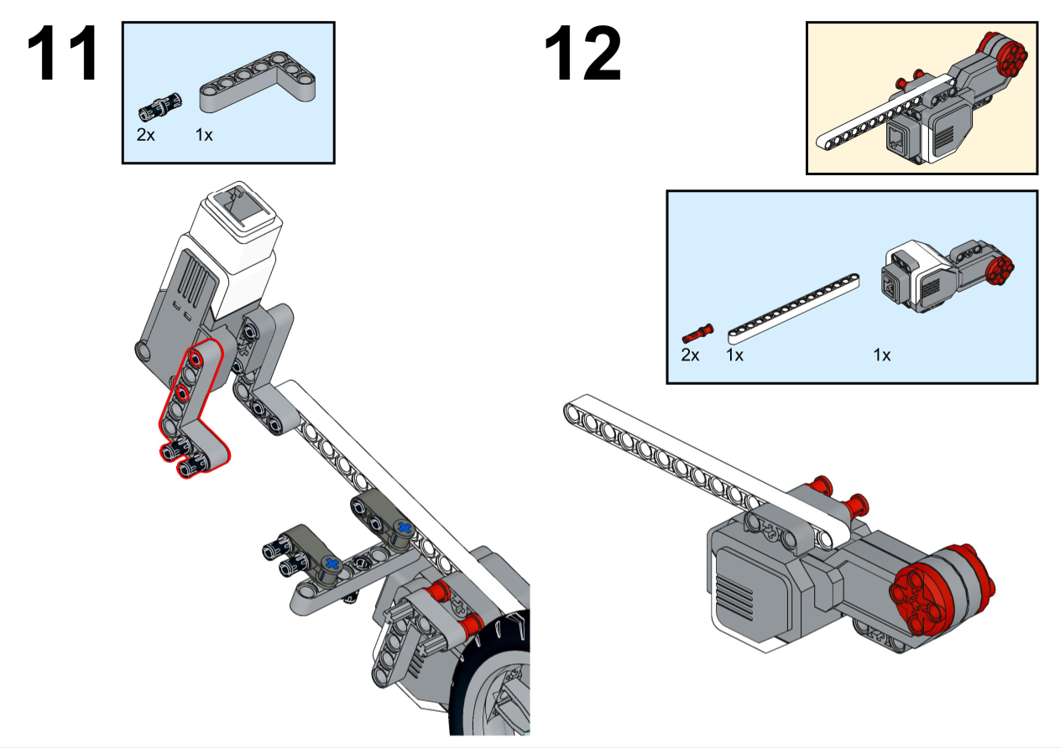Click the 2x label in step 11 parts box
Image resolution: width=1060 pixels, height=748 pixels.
click(x=146, y=134)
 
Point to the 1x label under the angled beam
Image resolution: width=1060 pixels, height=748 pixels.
click(x=204, y=134)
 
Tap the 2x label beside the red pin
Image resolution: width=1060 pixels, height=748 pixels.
click(x=690, y=355)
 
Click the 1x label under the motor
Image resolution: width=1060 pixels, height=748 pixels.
click(x=881, y=355)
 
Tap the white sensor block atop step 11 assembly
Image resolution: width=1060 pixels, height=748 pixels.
click(x=238, y=219)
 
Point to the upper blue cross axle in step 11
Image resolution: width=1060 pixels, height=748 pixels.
click(x=405, y=528)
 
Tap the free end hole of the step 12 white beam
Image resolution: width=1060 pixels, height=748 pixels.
click(x=573, y=410)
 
